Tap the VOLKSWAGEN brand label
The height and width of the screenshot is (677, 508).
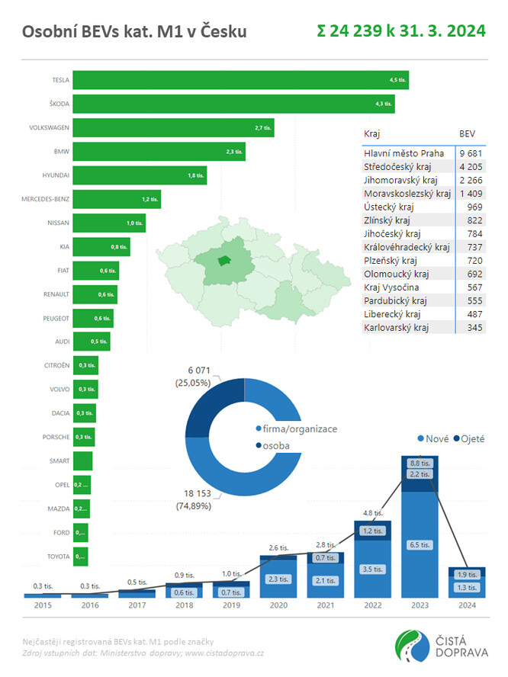pos(49,128)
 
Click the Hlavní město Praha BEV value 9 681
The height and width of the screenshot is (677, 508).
pos(467,153)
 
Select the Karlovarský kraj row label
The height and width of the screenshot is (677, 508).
pos(397,327)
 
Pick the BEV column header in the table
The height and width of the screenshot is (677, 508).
pos(467,133)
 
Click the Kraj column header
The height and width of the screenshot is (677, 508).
pos(372,133)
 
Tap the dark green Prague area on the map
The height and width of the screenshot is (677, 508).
pos(223,261)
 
